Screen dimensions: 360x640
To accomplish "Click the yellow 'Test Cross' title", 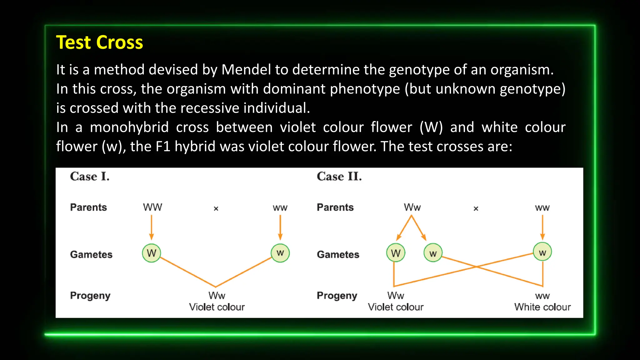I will click(99, 42).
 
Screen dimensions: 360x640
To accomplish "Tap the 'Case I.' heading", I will click(90, 177).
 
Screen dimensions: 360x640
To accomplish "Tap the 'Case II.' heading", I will click(339, 177).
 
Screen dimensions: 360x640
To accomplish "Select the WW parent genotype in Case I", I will click(152, 207).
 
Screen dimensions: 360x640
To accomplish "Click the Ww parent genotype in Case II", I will click(412, 207).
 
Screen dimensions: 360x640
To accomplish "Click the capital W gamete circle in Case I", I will click(152, 253).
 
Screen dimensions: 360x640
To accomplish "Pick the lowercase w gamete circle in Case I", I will click(280, 253).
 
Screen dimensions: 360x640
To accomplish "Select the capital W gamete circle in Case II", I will click(396, 253).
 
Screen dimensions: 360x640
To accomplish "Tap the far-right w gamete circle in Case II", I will click(542, 252).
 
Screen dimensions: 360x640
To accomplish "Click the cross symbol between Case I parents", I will click(216, 208).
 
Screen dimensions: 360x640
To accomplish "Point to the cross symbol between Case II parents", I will click(476, 208).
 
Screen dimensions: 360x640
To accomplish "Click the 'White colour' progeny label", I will click(542, 307).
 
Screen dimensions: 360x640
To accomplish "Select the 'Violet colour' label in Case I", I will click(217, 307).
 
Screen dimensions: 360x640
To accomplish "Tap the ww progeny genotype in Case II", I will click(542, 296).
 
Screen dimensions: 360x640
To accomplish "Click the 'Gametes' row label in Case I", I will click(91, 254).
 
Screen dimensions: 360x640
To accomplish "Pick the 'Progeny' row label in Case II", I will click(337, 296).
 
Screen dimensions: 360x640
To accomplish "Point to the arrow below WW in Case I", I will click(152, 227).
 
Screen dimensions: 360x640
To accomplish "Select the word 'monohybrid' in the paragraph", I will click(129, 127).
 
